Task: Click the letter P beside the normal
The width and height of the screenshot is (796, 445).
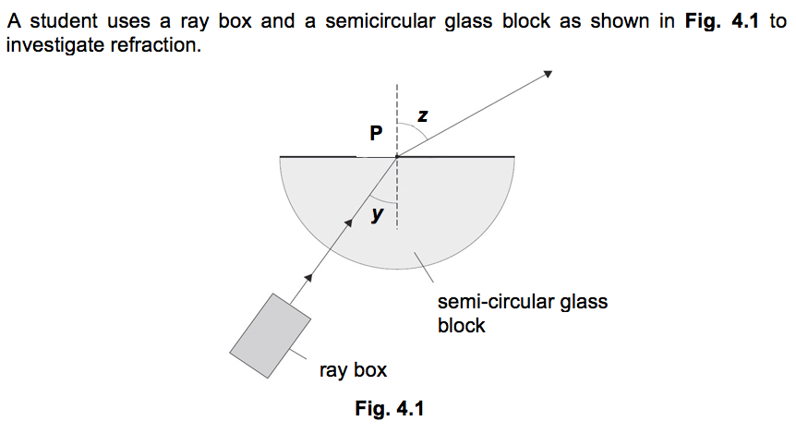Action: [x=375, y=133]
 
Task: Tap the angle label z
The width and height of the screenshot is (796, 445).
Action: [x=423, y=115]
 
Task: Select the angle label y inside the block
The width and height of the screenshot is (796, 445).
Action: [x=377, y=215]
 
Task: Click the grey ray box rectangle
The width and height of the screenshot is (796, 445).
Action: [x=271, y=336]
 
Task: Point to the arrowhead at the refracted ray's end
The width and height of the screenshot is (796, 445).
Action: [x=547, y=75]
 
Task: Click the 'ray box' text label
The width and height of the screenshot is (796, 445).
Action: [x=353, y=371]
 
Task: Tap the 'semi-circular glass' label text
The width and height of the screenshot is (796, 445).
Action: [x=522, y=302]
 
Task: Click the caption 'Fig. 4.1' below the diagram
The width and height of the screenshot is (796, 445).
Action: [x=389, y=408]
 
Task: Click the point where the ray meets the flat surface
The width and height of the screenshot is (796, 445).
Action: [x=396, y=157]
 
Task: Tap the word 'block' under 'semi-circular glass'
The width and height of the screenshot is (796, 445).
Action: [x=461, y=325]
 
